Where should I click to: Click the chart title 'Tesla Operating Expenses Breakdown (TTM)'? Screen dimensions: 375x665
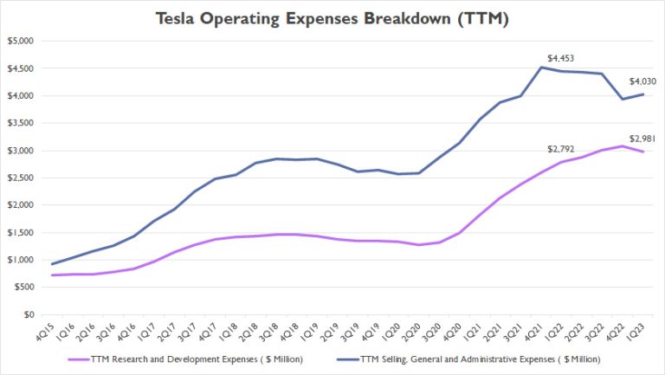(332, 18)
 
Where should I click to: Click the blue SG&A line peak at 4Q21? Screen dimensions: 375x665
(541, 68)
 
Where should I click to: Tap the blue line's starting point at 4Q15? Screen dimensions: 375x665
(53, 264)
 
